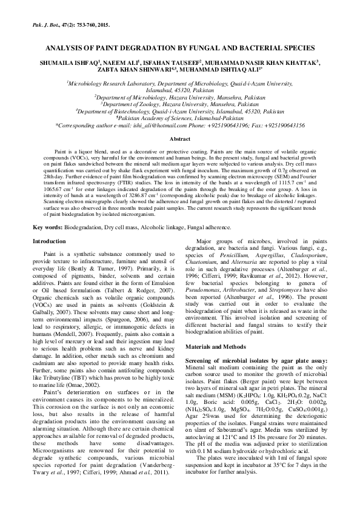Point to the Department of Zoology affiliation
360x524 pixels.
pyautogui.click(x=179, y=104)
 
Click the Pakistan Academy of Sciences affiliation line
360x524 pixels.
pyautogui.click(x=179, y=118)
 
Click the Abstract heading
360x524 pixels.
pyautogui.click(x=179, y=138)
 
